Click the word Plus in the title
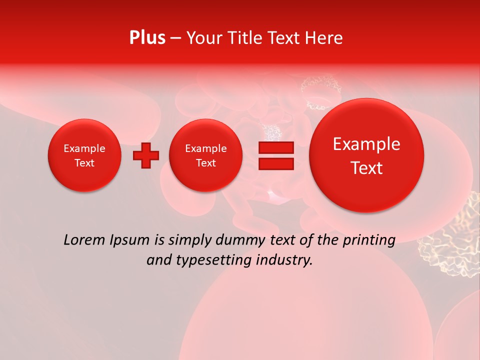tap(147, 38)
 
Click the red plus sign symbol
tap(146, 155)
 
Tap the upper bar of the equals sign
tap(276, 147)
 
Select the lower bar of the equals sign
tap(276, 163)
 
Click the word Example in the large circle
tap(366, 144)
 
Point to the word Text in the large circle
tap(366, 168)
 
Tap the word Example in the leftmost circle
tap(84, 148)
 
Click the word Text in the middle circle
tap(205, 163)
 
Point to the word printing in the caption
tap(368, 240)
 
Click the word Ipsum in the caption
tap(129, 240)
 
